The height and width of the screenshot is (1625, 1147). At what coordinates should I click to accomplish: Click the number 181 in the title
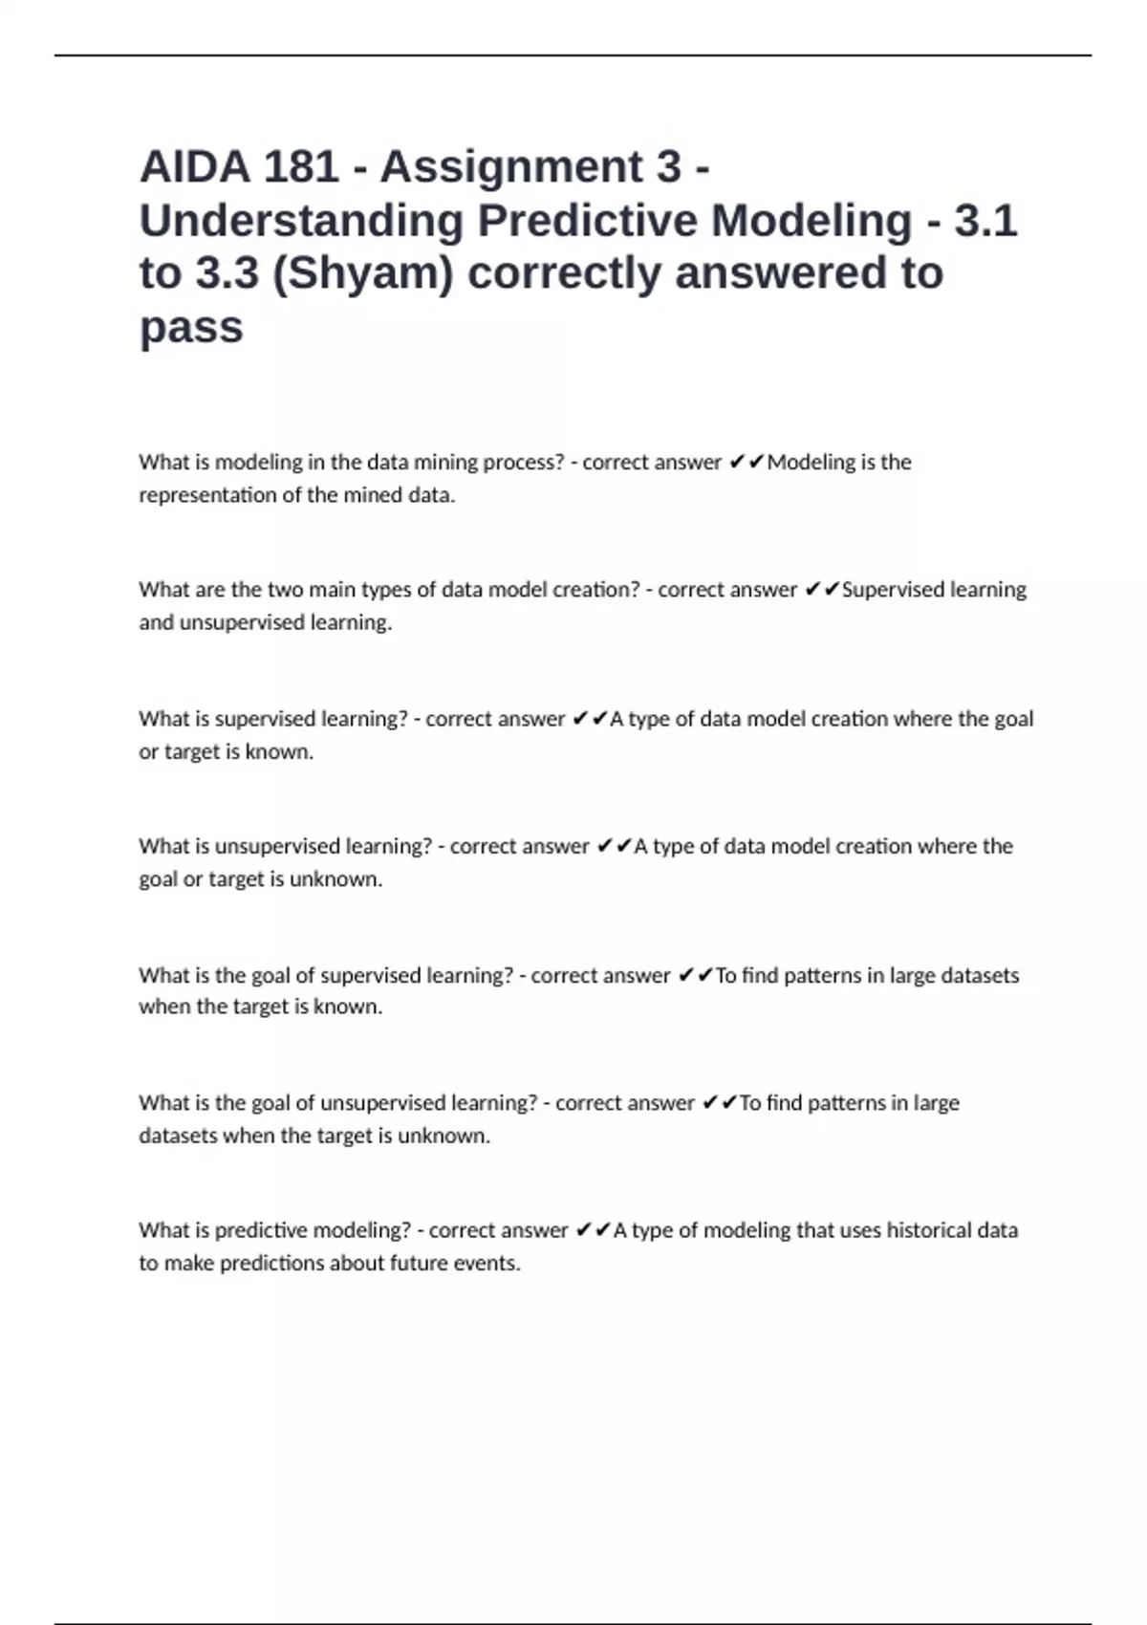pyautogui.click(x=301, y=167)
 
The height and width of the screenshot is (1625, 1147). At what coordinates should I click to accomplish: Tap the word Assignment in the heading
pyautogui.click(x=530, y=167)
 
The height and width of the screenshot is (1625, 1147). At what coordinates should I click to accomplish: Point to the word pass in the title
pyautogui.click(x=191, y=328)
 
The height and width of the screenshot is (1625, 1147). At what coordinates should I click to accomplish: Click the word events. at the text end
pyautogui.click(x=494, y=1264)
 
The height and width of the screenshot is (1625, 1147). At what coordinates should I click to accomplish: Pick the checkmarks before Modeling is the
pyautogui.click(x=746, y=463)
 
